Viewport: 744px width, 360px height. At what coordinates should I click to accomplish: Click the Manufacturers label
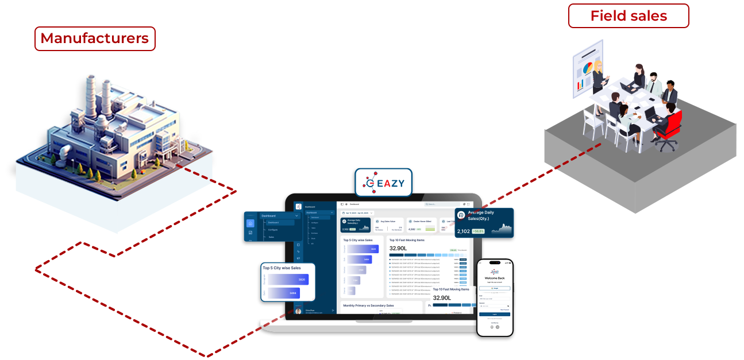95,38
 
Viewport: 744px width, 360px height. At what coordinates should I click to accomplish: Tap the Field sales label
629,16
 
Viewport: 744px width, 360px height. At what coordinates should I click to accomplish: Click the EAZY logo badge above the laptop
384,183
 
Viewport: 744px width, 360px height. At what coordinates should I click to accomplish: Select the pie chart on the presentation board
587,69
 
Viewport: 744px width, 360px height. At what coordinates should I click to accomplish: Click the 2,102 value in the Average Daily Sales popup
463,231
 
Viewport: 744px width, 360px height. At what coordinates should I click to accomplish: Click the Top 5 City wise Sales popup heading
282,268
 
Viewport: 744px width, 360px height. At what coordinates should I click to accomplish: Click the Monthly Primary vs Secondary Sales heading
369,305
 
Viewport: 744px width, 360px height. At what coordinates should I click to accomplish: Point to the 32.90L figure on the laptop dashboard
398,248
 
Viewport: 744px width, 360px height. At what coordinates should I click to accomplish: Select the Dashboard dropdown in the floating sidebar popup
279,216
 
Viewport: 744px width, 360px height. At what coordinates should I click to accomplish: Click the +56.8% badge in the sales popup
478,231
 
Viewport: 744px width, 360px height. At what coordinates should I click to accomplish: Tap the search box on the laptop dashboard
441,204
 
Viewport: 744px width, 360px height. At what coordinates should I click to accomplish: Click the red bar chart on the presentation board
580,85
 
